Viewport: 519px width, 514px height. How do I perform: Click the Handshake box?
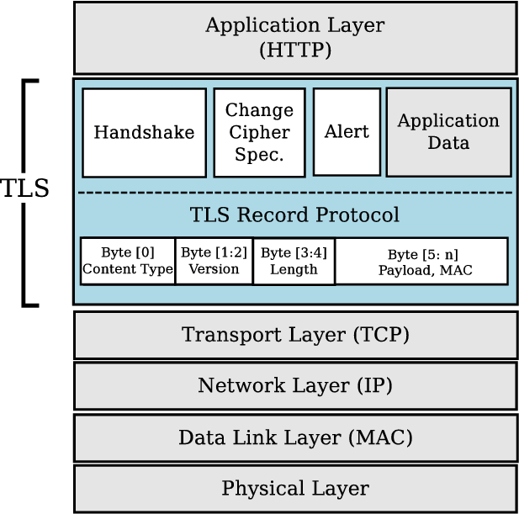point(144,132)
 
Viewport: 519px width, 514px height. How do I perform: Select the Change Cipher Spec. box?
point(260,132)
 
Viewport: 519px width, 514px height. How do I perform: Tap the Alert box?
point(347,132)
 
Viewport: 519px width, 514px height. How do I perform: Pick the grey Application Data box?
point(448,132)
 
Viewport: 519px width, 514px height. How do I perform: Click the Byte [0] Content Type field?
point(128,261)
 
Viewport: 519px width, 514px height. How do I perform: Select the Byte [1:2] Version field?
point(214,261)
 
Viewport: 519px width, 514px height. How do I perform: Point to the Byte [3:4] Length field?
point(294,261)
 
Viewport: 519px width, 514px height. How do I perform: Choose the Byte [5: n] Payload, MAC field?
point(422,261)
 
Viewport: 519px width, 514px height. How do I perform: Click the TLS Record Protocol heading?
point(294,215)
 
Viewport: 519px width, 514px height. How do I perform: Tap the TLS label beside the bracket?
point(24,188)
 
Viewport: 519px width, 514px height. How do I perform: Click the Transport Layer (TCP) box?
point(295,335)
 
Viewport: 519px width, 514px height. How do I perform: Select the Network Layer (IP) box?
point(295,386)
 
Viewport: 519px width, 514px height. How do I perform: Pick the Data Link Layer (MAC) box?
point(295,437)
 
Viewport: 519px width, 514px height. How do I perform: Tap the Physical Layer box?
point(295,488)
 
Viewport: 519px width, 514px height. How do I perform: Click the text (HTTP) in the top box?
point(294,50)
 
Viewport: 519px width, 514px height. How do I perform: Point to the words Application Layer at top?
point(294,25)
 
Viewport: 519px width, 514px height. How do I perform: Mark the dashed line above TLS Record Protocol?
point(294,193)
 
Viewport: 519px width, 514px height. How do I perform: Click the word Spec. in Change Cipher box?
point(260,155)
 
